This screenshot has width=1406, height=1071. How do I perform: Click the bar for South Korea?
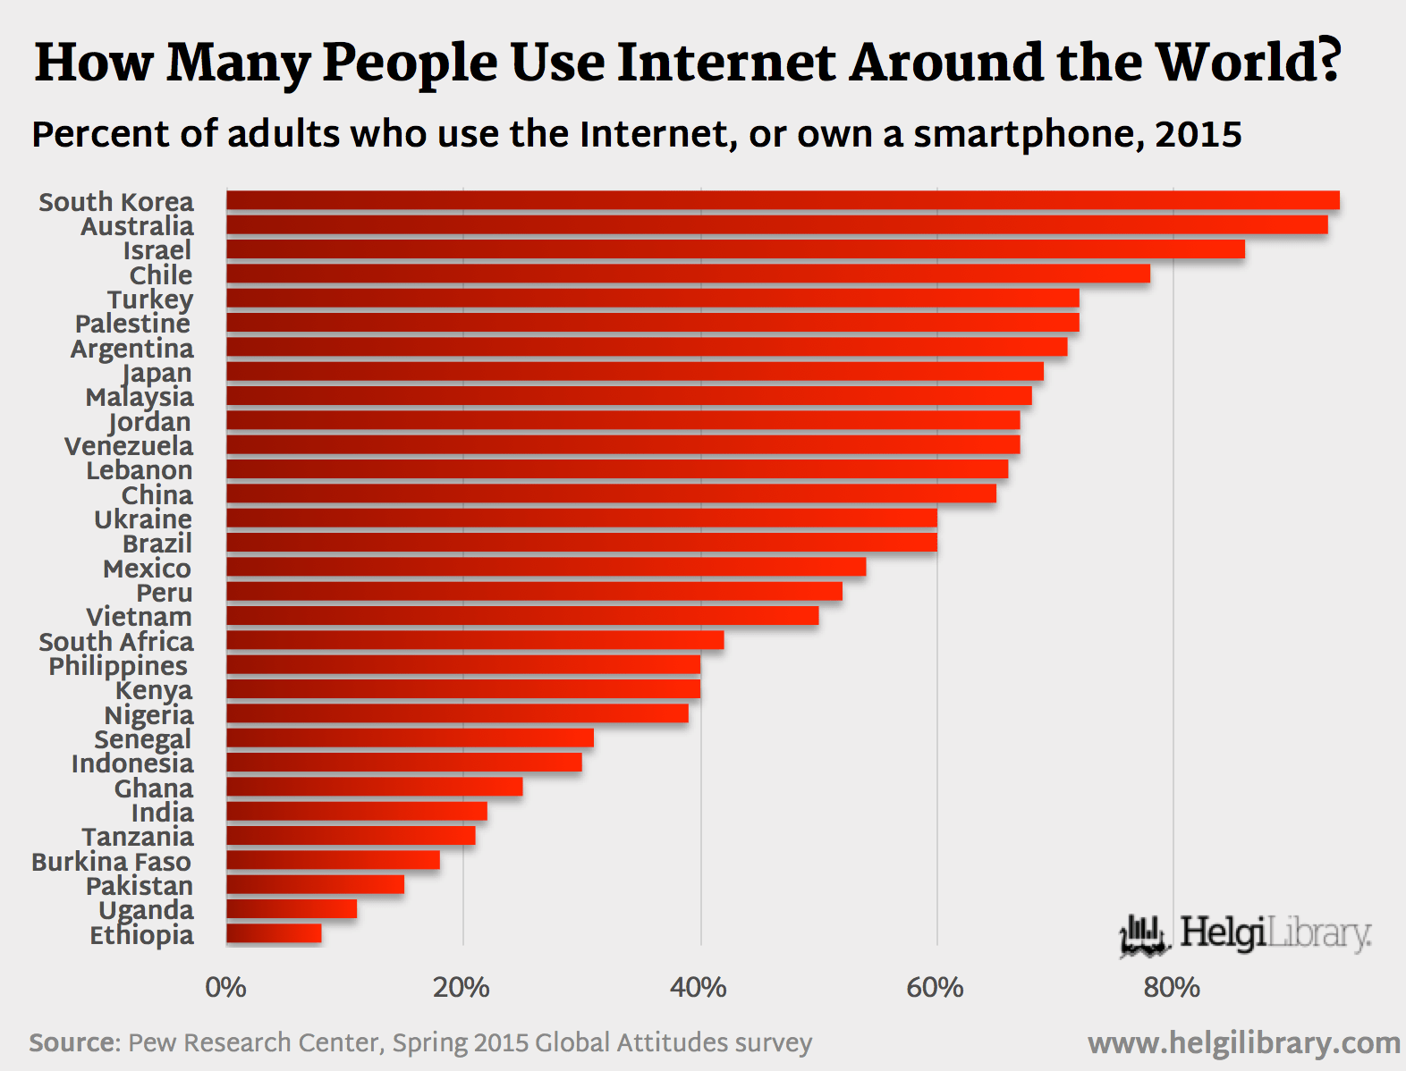click(x=783, y=200)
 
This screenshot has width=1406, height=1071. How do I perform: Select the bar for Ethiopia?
click(x=274, y=933)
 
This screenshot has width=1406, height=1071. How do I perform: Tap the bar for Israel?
click(x=735, y=249)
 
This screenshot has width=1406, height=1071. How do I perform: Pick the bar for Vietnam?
click(x=522, y=615)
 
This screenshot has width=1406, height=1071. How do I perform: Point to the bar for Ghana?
click(x=374, y=787)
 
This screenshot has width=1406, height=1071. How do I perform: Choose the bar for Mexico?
click(x=546, y=567)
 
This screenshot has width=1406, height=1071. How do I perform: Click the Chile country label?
click(x=161, y=275)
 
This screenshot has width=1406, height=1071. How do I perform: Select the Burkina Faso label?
click(x=111, y=862)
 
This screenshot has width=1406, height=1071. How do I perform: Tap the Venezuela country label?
click(x=129, y=446)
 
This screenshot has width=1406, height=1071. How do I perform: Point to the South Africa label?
click(x=116, y=642)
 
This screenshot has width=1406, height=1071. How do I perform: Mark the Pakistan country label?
click(x=140, y=886)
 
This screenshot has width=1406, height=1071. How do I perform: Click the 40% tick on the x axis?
click(x=699, y=988)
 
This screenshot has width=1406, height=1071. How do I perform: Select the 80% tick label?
click(x=1172, y=988)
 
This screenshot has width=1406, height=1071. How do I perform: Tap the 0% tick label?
click(x=225, y=988)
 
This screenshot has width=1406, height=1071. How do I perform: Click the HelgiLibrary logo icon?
click(x=1144, y=936)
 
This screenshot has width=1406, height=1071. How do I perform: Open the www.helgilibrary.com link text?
click(x=1243, y=1043)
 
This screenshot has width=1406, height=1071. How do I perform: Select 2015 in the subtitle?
click(x=1198, y=135)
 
